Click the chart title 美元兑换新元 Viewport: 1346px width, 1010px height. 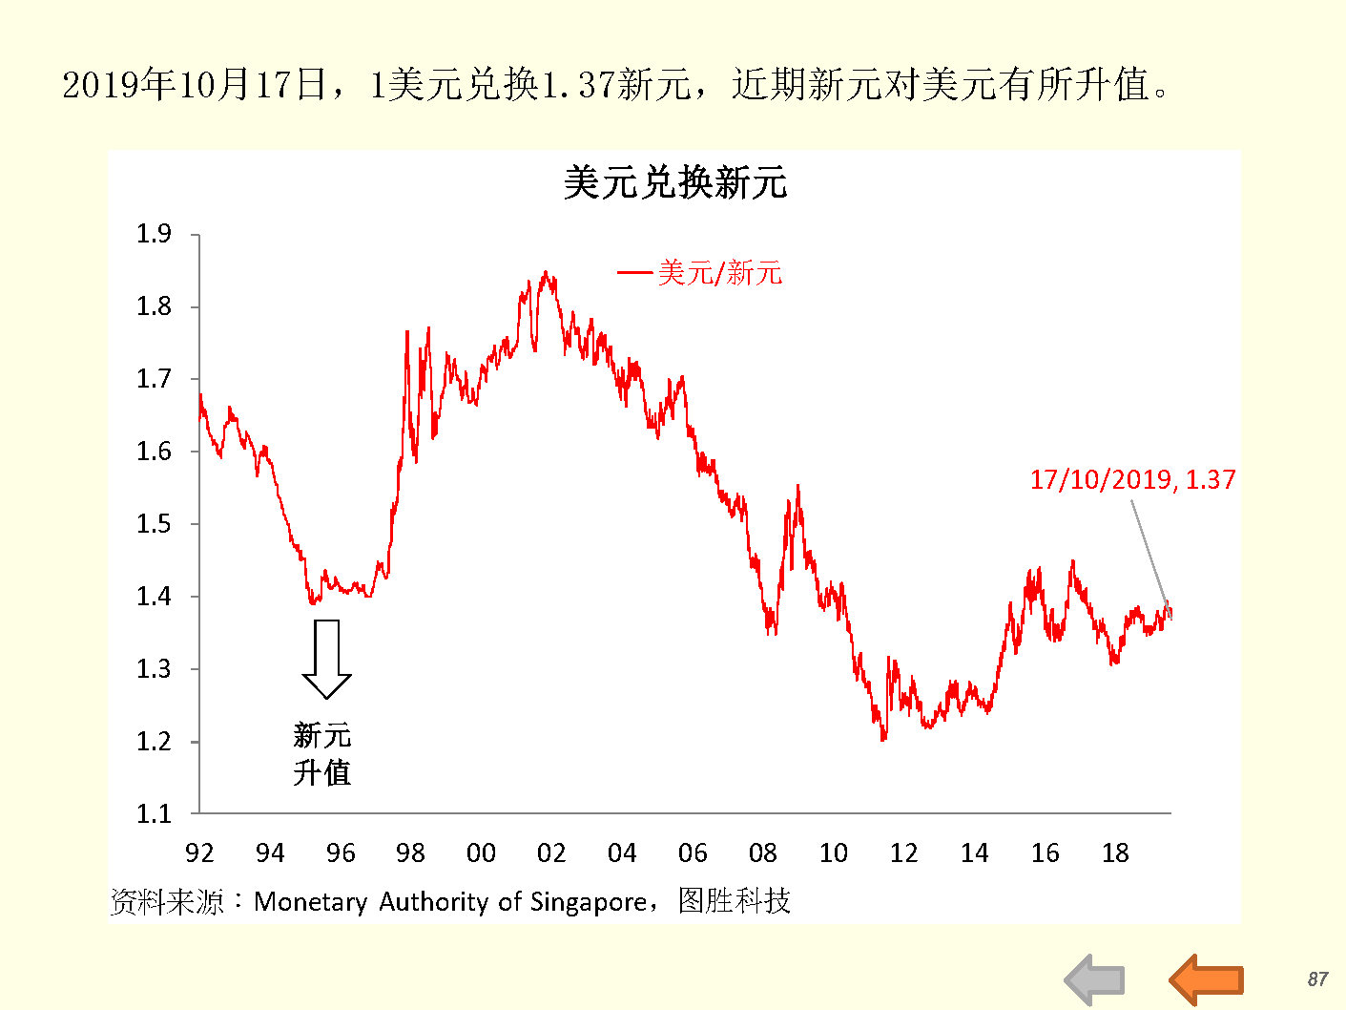674,182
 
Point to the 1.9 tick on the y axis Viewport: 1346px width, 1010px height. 154,234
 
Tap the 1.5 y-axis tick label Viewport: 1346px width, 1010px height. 154,523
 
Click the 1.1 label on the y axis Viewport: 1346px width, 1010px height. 154,813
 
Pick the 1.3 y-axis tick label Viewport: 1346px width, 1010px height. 154,668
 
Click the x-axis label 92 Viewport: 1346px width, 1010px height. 199,852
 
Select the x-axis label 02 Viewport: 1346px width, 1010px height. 551,852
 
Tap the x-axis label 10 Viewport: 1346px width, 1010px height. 833,852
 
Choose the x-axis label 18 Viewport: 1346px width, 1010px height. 1115,852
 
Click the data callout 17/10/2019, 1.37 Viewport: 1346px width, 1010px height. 1132,479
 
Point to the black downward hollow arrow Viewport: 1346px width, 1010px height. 326,659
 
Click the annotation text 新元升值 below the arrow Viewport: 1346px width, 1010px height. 322,753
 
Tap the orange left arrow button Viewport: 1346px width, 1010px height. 1207,979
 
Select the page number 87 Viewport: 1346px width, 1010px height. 1317,978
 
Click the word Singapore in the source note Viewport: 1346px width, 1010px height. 588,901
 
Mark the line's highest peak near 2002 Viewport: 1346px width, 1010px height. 545,272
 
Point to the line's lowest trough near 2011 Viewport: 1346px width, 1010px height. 883,739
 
